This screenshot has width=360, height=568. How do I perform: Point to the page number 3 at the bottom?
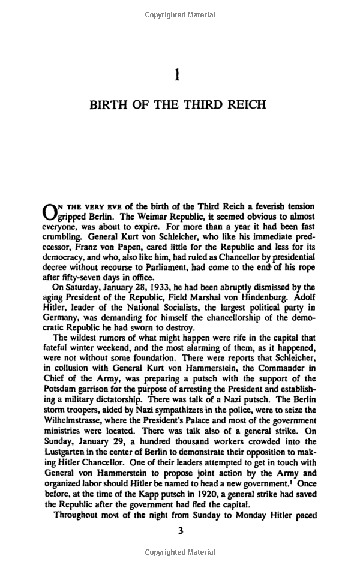click(179, 530)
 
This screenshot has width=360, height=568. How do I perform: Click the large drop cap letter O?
click(50, 212)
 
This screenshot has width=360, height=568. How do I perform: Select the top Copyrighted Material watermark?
click(179, 14)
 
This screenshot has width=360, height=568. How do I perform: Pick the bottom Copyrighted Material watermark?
click(179, 552)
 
